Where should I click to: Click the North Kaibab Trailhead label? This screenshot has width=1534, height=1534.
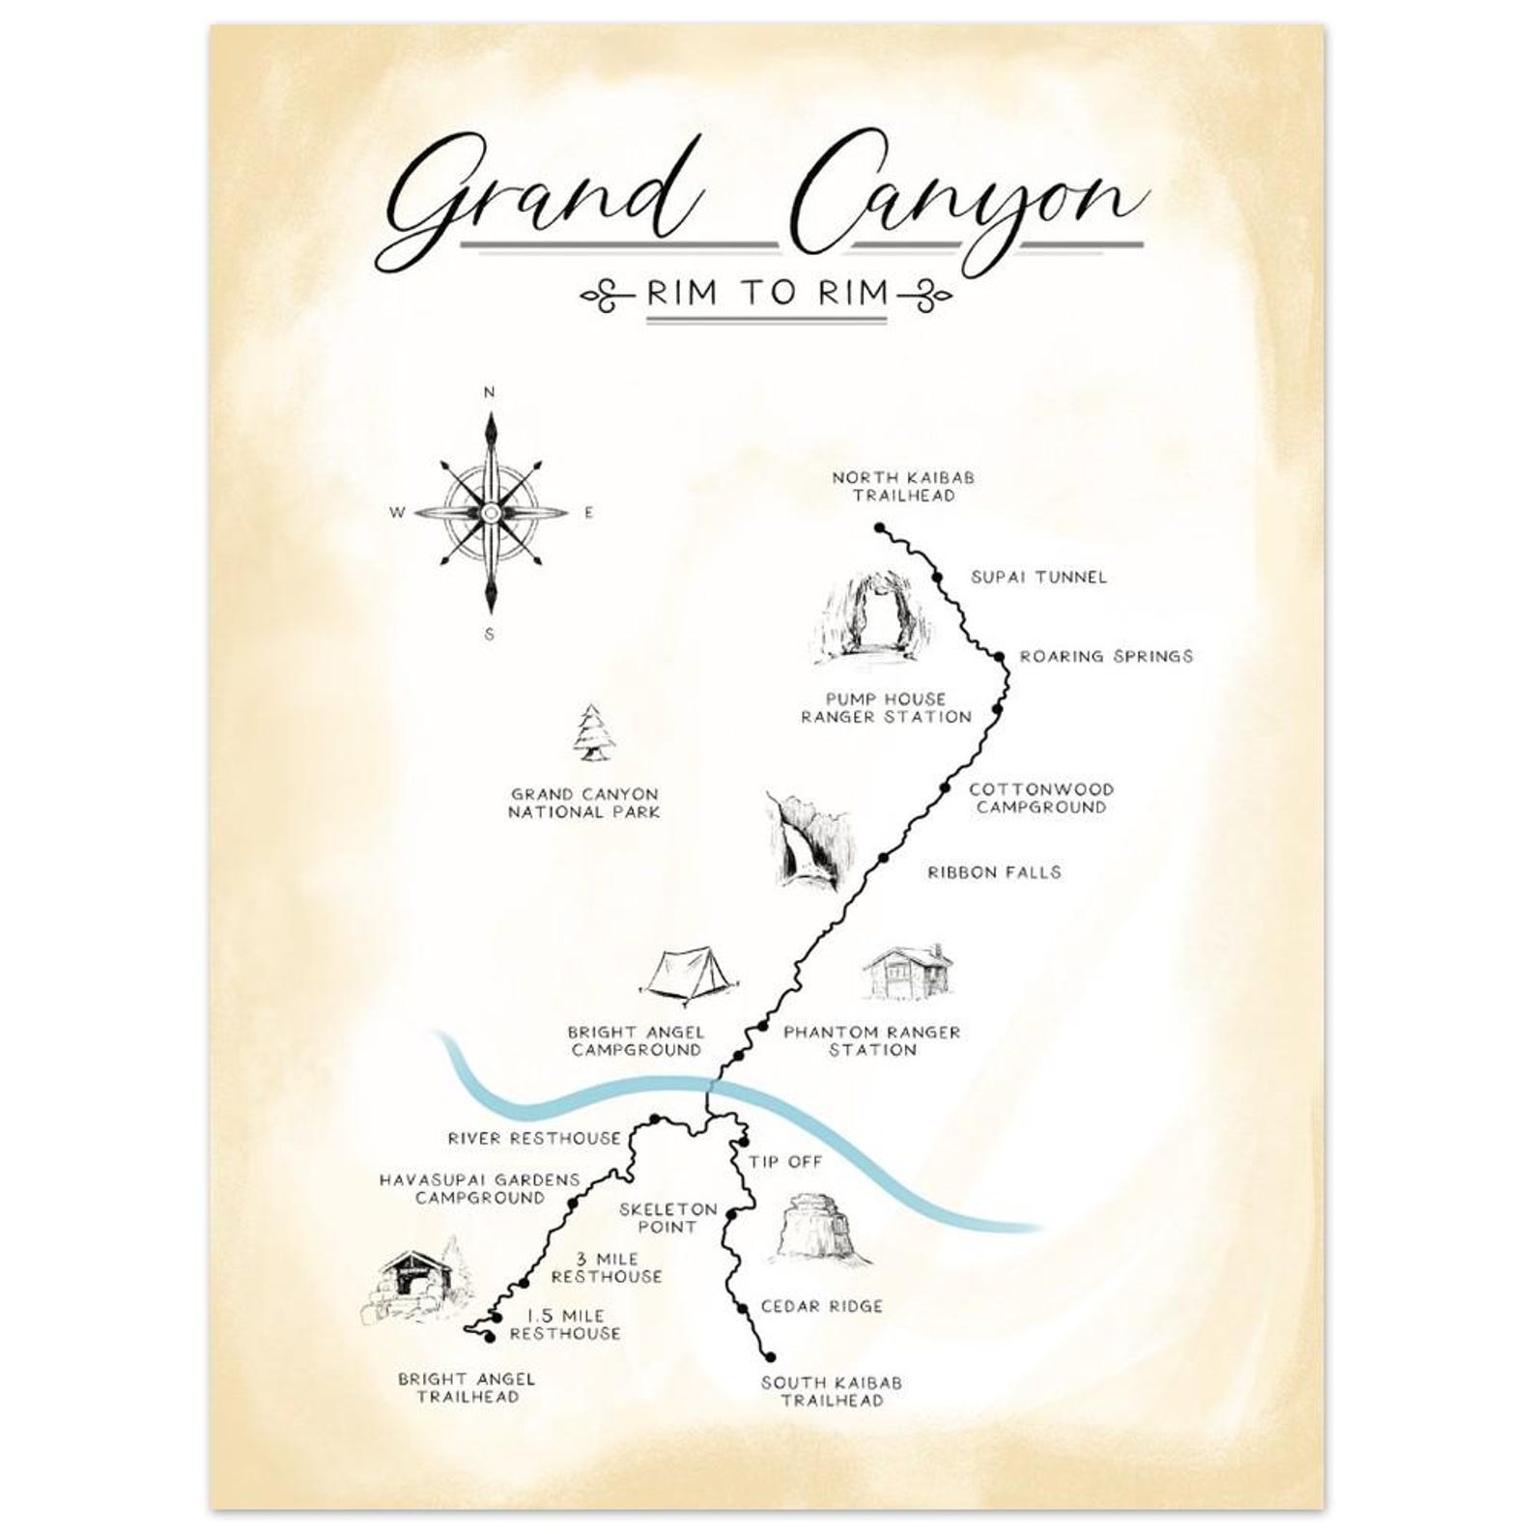tap(903, 486)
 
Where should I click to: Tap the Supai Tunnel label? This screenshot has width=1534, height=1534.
tap(1038, 577)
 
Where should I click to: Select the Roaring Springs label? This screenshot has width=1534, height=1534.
tap(1106, 656)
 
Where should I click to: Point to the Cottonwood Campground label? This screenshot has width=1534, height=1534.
tap(1041, 798)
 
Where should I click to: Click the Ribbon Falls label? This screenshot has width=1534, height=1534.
tap(994, 871)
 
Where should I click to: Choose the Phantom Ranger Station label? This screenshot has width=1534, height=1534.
tap(871, 1040)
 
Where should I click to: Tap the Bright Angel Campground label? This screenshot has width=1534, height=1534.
tap(636, 1040)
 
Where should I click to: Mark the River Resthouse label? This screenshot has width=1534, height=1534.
tap(534, 1138)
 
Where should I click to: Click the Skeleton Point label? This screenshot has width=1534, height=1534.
tap(668, 1217)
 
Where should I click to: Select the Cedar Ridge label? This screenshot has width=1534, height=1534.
tap(821, 1306)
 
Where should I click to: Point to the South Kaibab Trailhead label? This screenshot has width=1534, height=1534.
tap(831, 1391)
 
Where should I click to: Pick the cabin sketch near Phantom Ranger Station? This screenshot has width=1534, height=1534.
tap(907, 971)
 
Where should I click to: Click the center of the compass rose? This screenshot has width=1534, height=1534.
tap(491, 512)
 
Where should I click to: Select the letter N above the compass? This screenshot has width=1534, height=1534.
tap(490, 392)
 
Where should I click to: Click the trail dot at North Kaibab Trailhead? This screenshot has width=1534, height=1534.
tap(879, 527)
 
